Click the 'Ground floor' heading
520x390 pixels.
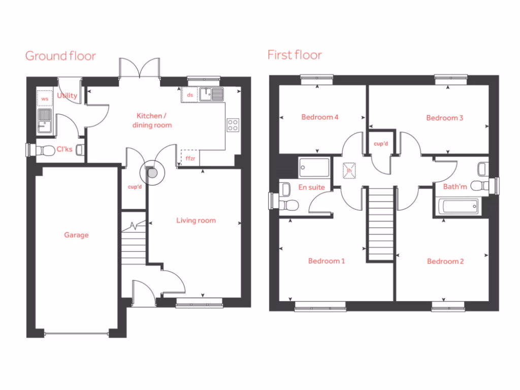60,56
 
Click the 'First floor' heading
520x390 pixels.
295,55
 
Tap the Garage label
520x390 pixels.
76,235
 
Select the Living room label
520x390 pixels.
196,220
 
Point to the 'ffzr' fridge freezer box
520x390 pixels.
190,158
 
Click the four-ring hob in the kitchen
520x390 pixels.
233,125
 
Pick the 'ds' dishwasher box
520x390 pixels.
190,95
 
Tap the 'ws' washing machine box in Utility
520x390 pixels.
45,99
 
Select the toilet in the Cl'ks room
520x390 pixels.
47,150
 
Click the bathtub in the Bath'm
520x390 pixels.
458,207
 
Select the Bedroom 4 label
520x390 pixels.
320,117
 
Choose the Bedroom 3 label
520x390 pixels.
444,118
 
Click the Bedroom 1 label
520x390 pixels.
327,261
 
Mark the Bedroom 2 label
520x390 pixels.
445,262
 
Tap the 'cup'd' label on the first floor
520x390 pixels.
380,144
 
